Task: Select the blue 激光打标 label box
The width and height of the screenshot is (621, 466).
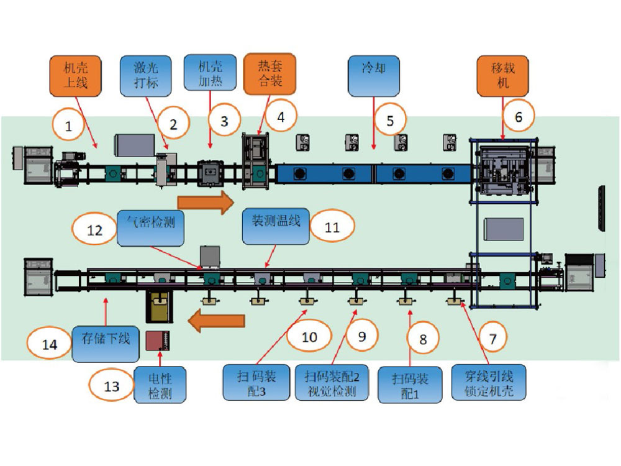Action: (146, 75)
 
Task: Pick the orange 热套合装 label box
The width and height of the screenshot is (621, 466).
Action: (270, 73)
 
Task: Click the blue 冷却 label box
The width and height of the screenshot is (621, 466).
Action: (374, 75)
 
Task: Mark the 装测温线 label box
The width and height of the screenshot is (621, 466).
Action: (275, 222)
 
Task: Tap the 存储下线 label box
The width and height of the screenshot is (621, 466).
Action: (106, 341)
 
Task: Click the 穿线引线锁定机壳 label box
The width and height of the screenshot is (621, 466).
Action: (488, 383)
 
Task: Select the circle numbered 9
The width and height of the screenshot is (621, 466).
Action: (362, 336)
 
